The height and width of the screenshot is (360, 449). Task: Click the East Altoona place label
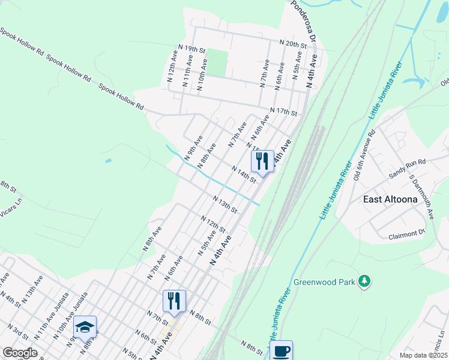tap(390, 199)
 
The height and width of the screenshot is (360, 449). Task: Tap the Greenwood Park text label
tap(324, 281)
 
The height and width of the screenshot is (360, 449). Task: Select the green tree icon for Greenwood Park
tap(363, 281)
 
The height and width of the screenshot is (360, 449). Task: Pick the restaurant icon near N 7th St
tap(174, 301)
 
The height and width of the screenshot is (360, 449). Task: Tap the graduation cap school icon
tap(85, 328)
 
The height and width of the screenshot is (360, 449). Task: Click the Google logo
tap(20, 353)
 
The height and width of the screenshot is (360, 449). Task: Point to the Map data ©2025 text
tap(424, 355)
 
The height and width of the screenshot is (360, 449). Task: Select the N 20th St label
tap(294, 44)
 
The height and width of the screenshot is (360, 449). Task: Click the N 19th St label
tap(193, 47)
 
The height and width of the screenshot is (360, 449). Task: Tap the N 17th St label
tap(283, 111)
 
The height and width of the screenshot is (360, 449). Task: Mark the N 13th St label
tap(225, 204)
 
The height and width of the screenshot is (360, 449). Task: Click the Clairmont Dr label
tap(407, 235)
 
